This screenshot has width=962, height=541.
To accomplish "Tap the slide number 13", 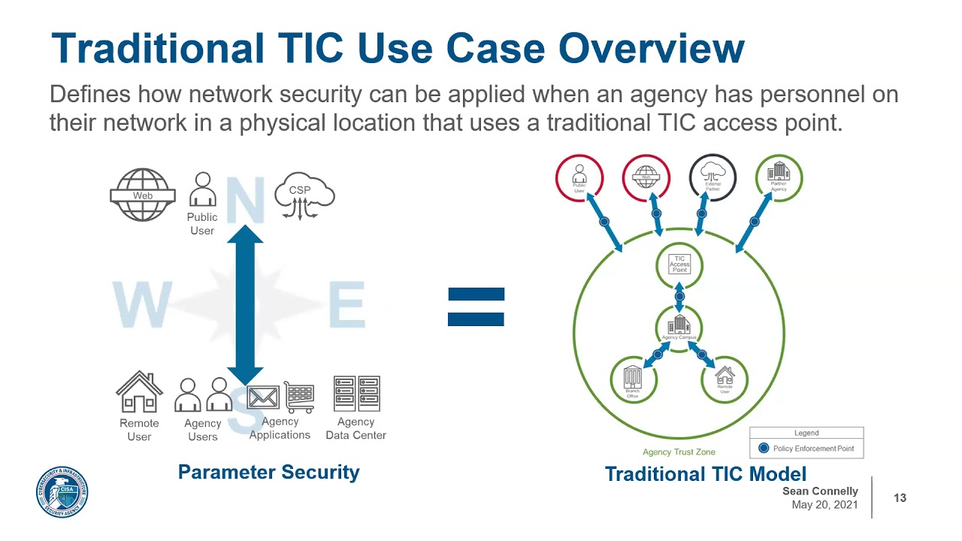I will click(x=900, y=497).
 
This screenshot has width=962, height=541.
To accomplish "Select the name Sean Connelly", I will click(x=820, y=491).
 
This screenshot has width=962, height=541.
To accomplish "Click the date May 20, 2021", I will click(x=824, y=505).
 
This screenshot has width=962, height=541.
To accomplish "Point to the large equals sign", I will click(x=476, y=307).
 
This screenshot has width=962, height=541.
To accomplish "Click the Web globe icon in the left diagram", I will click(x=143, y=195).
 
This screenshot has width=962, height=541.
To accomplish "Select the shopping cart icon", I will click(x=299, y=396).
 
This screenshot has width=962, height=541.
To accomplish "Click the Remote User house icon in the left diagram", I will click(x=139, y=392).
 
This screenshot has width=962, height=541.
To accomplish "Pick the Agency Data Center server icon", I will click(x=356, y=394).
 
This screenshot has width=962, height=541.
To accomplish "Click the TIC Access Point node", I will click(x=679, y=264).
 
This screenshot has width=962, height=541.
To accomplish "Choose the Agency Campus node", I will click(x=679, y=327).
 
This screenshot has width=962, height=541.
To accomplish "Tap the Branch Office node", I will click(x=633, y=379).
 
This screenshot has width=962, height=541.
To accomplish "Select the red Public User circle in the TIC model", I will click(x=579, y=179).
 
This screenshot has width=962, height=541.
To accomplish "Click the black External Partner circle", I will click(x=712, y=179).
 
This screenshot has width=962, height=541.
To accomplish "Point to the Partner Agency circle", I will click(x=779, y=179).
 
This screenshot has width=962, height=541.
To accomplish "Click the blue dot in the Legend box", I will click(x=764, y=449).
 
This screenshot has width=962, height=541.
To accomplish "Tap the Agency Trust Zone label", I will click(x=679, y=452).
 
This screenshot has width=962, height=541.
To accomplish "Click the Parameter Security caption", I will click(x=268, y=472).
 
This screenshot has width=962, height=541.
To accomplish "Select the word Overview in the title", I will click(x=651, y=48).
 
